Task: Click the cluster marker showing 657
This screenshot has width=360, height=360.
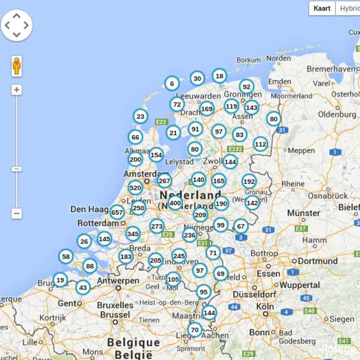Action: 117,213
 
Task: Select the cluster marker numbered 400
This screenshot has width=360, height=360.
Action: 175,203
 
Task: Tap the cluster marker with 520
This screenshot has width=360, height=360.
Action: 135,188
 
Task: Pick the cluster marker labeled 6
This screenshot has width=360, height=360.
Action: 171,84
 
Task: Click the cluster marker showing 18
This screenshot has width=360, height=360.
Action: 219,75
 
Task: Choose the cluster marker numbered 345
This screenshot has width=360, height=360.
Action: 133,234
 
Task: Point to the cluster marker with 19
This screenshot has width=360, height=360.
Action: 60,280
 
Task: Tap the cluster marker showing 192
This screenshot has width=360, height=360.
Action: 249,181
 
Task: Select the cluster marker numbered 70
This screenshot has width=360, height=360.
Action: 195,330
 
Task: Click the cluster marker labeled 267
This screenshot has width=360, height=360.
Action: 164,181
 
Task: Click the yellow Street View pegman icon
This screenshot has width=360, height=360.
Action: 16,66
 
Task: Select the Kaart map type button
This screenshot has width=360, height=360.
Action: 322,8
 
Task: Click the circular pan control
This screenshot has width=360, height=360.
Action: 16,25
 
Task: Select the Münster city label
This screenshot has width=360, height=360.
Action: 303,213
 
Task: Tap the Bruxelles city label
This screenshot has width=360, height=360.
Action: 115,305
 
